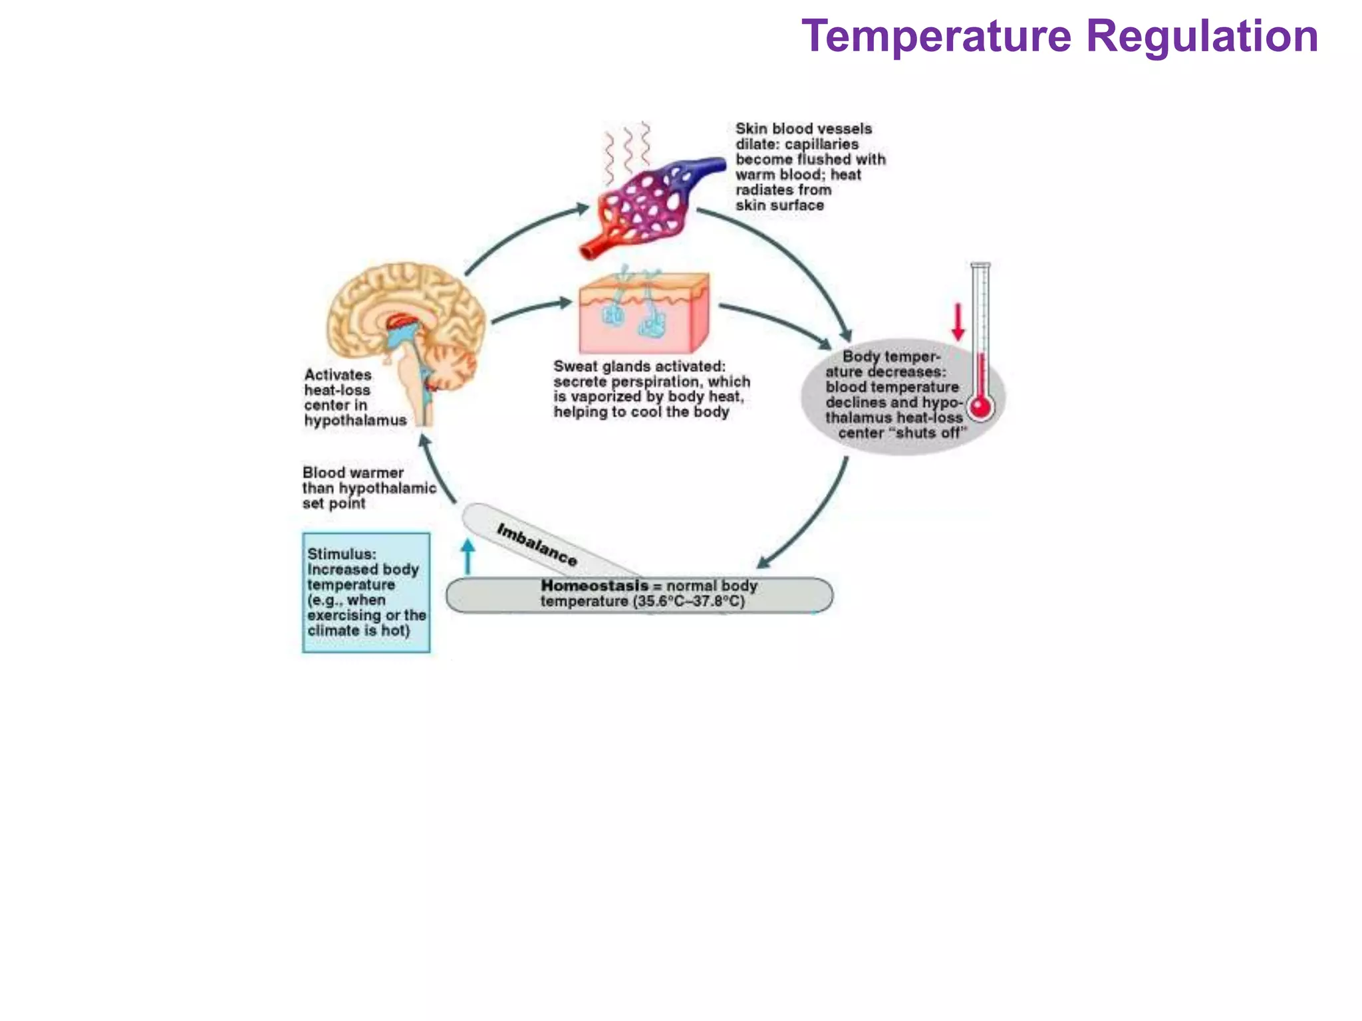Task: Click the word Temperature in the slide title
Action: click(936, 37)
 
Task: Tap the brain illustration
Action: click(406, 332)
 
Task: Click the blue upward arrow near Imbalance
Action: click(468, 556)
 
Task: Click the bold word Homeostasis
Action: click(594, 586)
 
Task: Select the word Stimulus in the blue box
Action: click(341, 554)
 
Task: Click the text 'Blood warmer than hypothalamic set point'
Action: click(368, 488)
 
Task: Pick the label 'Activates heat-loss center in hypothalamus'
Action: click(354, 397)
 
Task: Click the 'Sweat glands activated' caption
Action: click(650, 389)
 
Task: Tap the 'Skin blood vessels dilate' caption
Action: click(809, 167)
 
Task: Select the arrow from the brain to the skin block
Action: click(532, 310)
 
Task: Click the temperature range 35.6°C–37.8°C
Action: click(689, 602)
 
